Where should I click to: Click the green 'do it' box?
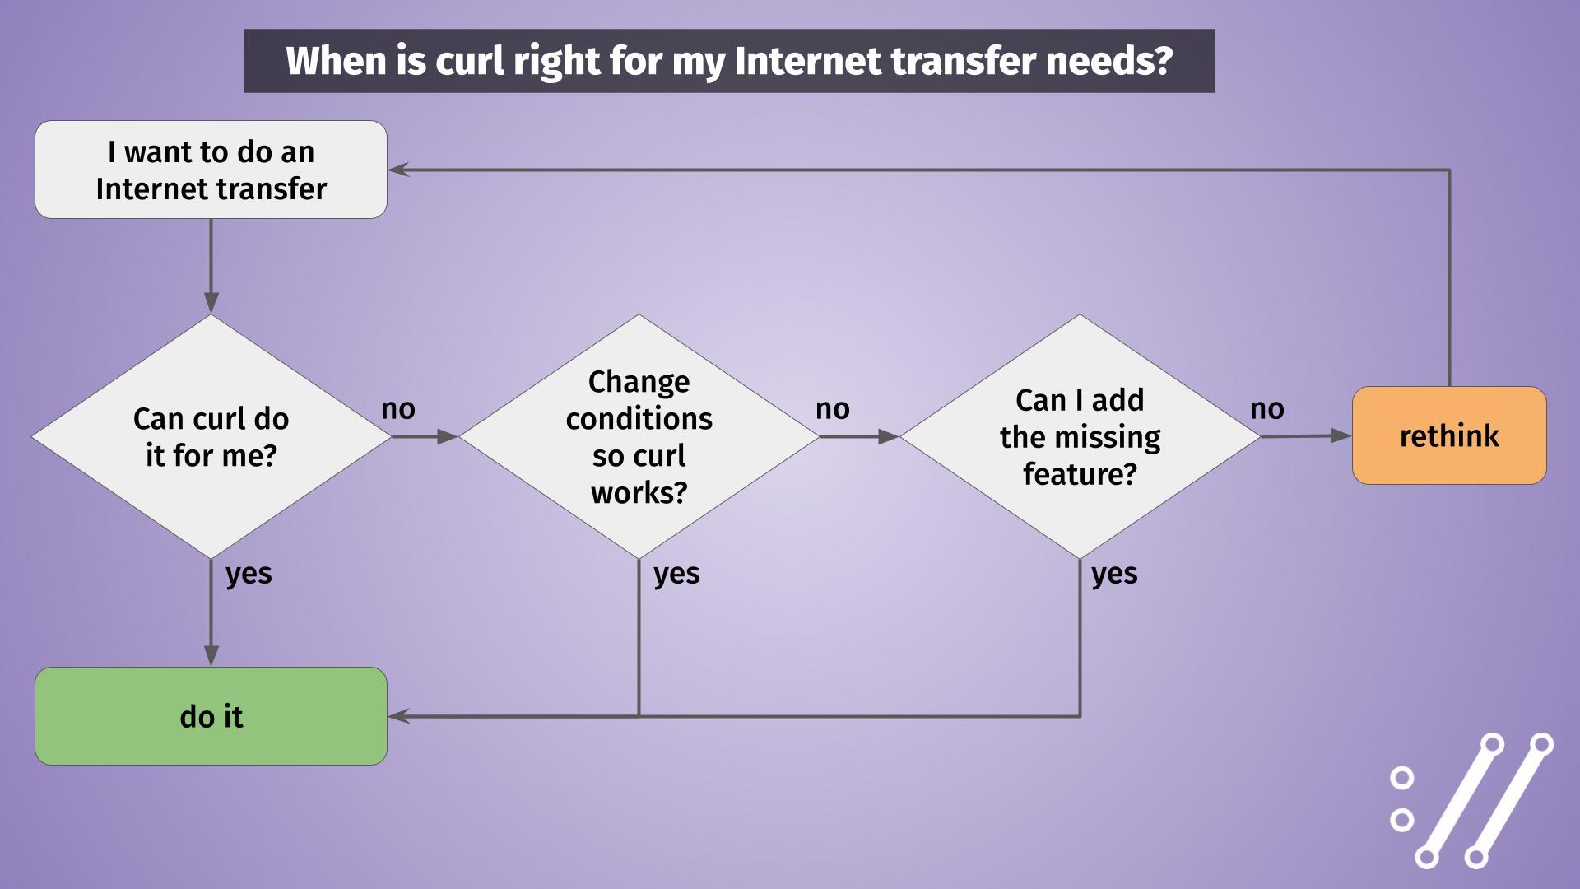[x=211, y=716]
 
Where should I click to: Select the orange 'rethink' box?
[x=1449, y=435]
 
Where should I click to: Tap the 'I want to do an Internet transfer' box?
[x=211, y=170]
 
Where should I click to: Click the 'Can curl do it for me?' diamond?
[x=211, y=437]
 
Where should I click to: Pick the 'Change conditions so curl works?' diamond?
[x=639, y=437]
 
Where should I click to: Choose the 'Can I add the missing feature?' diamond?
[x=1080, y=437]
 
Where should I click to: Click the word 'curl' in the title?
[x=469, y=61]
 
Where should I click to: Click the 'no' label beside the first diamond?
[x=398, y=409]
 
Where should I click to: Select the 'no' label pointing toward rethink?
[x=1267, y=409]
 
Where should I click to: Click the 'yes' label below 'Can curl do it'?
[x=249, y=574]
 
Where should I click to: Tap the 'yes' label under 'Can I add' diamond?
[x=1114, y=574]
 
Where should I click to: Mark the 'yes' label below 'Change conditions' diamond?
[x=676, y=574]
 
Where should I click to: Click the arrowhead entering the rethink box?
[x=1342, y=436]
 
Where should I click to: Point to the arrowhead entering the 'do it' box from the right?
[x=398, y=716]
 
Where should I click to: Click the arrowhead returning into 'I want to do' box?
[x=398, y=170]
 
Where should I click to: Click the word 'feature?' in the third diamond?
[x=1080, y=475]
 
